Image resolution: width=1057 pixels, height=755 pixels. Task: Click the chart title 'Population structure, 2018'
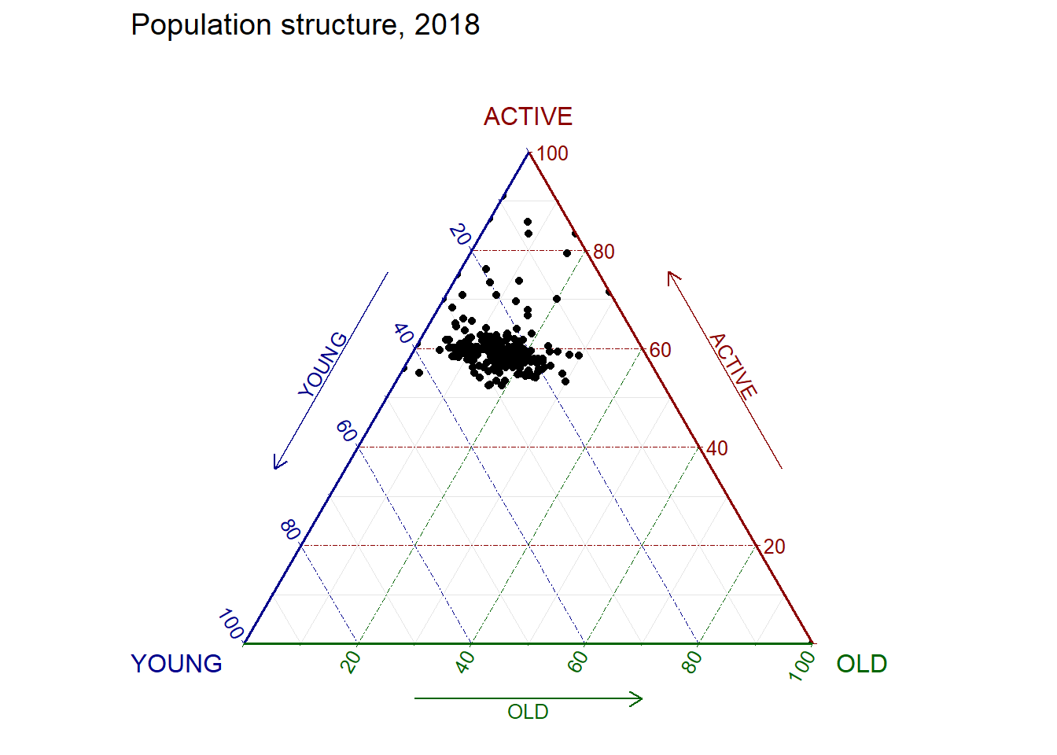click(305, 25)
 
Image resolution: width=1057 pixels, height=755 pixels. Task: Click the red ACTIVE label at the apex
click(528, 116)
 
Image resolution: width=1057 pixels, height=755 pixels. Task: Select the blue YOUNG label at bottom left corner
click(177, 664)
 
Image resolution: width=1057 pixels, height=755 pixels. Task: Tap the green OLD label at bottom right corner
click(861, 664)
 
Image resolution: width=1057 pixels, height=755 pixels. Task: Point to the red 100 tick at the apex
click(552, 153)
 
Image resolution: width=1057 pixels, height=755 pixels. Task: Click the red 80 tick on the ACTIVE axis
click(604, 252)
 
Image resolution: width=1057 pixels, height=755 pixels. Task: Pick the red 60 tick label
click(661, 350)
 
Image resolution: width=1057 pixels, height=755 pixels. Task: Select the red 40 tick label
click(717, 448)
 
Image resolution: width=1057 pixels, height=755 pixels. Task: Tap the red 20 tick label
click(775, 547)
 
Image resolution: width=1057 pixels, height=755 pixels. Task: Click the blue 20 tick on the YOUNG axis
click(459, 234)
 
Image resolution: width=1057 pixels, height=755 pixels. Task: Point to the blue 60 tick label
click(346, 431)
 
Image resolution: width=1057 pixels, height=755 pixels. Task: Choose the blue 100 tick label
click(230, 624)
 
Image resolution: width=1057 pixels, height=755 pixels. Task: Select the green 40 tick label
click(465, 662)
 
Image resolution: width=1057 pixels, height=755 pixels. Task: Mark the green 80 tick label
click(691, 662)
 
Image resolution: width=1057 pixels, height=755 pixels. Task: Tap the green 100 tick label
click(803, 665)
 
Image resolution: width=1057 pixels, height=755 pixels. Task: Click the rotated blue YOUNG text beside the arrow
click(323, 364)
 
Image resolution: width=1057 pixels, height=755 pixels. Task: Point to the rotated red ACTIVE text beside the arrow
click(733, 366)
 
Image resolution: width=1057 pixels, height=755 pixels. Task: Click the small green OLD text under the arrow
click(528, 712)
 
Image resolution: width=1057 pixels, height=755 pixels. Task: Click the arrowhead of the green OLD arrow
click(639, 698)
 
